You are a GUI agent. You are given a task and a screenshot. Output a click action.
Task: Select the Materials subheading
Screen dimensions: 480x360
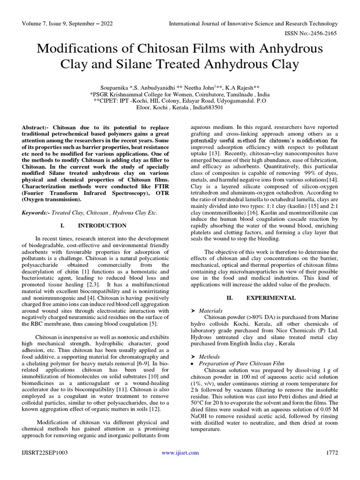click(210, 310)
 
